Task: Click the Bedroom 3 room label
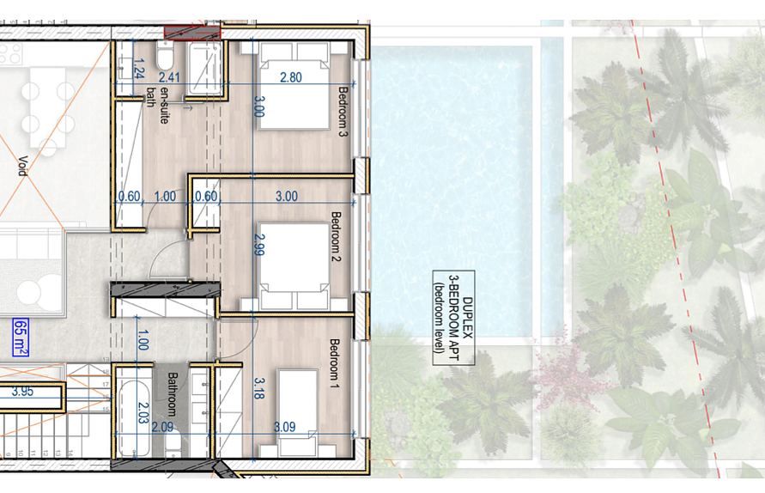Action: point(343,112)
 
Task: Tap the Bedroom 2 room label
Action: point(336,236)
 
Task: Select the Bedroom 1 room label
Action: point(335,363)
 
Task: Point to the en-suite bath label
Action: point(158,106)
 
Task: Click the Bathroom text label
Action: point(173,394)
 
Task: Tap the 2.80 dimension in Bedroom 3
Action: point(291,77)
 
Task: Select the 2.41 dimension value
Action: point(169,77)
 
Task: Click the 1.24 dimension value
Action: point(139,69)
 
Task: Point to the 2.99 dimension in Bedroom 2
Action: point(260,245)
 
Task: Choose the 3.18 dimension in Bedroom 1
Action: point(259,388)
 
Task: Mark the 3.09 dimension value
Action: point(284,427)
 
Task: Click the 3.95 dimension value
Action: point(22,392)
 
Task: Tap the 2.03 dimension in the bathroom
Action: point(143,412)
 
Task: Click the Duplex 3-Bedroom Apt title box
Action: point(453,318)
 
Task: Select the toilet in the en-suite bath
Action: point(165,55)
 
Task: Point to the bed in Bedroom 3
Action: point(294,86)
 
